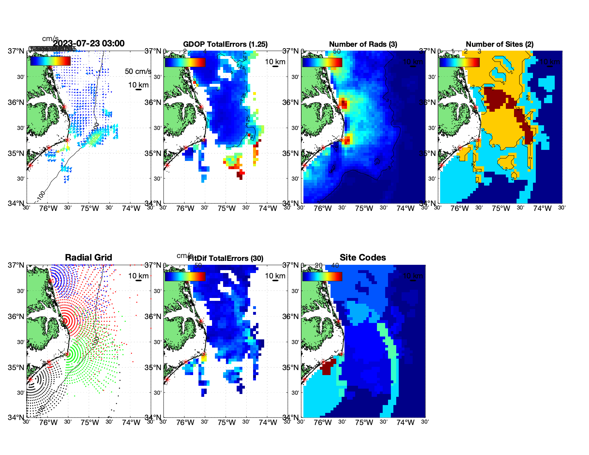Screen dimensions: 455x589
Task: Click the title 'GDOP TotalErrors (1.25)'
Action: click(x=225, y=44)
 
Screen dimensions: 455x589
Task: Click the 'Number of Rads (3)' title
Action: click(x=363, y=44)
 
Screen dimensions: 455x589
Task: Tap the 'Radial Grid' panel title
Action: click(x=89, y=258)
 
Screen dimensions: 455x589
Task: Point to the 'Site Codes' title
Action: click(x=363, y=258)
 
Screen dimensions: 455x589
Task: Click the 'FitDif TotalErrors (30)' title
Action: click(x=226, y=258)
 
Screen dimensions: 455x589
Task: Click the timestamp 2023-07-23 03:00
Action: click(x=89, y=44)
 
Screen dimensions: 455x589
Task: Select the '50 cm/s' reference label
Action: click(x=138, y=71)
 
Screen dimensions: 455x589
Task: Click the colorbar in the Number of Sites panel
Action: click(x=459, y=62)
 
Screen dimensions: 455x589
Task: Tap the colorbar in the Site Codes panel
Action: click(x=322, y=277)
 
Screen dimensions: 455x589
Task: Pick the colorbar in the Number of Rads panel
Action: click(x=322, y=62)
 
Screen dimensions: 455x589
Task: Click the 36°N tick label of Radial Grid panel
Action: click(x=16, y=317)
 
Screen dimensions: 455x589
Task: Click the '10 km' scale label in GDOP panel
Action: click(x=275, y=62)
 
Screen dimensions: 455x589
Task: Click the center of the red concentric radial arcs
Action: click(x=65, y=321)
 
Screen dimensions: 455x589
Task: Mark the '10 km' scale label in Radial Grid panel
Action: click(x=138, y=276)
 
